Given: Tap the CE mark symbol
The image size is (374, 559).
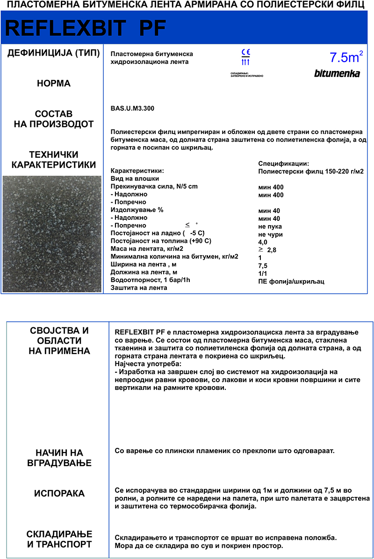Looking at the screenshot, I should (x=245, y=52).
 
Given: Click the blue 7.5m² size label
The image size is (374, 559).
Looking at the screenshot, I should (x=346, y=57).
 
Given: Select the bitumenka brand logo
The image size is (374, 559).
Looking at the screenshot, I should (x=337, y=73).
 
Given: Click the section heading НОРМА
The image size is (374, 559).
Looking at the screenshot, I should (x=54, y=84).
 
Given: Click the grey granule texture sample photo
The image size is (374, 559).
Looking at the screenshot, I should (x=52, y=234).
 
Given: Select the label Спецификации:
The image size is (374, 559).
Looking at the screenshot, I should (x=283, y=163).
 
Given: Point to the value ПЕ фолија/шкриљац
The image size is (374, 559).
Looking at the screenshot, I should (x=291, y=281).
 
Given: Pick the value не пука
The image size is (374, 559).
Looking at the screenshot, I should (x=270, y=226).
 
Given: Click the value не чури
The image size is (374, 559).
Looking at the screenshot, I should (x=270, y=234).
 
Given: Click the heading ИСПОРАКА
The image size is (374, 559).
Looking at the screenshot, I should (x=59, y=494).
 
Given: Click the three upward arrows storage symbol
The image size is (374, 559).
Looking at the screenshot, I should (x=245, y=62).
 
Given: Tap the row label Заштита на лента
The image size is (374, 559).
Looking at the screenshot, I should (x=138, y=288).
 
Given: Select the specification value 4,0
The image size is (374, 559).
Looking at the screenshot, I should (x=263, y=242).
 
